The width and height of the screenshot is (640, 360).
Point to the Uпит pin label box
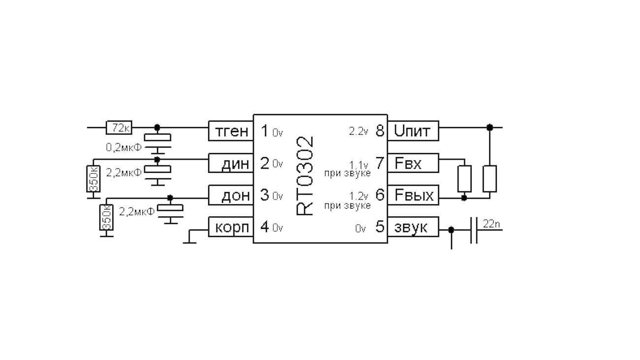click(413, 131)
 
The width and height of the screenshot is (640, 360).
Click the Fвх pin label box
click(413, 163)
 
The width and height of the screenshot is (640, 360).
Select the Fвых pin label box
click(413, 195)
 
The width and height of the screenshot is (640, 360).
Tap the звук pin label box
click(413, 228)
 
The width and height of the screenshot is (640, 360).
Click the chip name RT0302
click(306, 176)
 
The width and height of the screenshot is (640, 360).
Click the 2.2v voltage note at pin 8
click(358, 132)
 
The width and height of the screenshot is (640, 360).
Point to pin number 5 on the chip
click(380, 228)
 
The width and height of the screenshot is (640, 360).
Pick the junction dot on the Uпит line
click(489, 127)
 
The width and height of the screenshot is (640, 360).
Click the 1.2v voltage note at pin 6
click(359, 196)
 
